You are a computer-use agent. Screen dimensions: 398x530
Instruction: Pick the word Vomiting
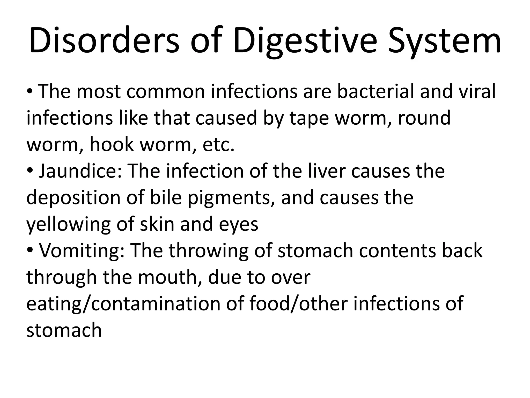pyautogui.click(x=82, y=251)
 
